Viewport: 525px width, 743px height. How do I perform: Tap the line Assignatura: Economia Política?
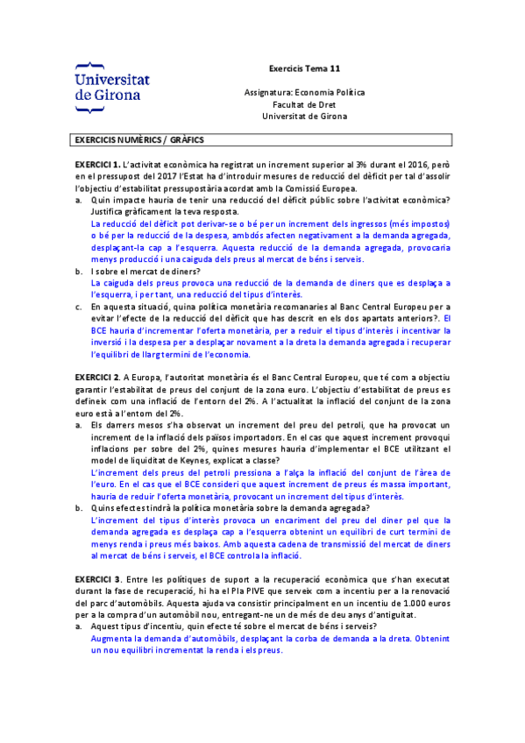click(x=304, y=92)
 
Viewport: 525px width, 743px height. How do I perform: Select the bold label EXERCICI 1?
click(x=97, y=164)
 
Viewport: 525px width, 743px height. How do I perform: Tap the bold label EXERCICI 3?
click(x=97, y=579)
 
